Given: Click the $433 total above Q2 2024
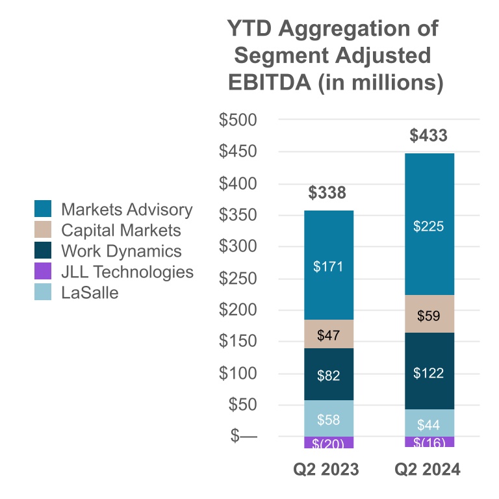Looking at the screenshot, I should click(x=428, y=136).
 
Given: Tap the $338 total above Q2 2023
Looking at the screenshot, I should click(x=327, y=193).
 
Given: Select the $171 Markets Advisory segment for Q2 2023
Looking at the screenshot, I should click(x=328, y=266).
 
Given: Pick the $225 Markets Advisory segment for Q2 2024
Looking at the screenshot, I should click(x=429, y=227).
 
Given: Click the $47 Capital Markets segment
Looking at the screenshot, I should click(x=328, y=335).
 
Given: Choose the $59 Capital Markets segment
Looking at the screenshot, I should click(x=429, y=317).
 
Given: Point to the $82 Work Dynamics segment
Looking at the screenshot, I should click(x=328, y=375).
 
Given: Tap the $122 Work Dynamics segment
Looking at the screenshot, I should click(x=429, y=373).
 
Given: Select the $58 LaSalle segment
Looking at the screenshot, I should click(x=328, y=420).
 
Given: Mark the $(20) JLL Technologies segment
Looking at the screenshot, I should click(x=328, y=443).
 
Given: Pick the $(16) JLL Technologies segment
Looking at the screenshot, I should click(x=429, y=442).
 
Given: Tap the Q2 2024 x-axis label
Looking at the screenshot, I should click(x=429, y=470).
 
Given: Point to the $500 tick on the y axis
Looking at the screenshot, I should click(x=238, y=120).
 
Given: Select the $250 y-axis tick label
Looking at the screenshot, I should click(x=238, y=279).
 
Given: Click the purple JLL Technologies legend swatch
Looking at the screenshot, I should click(x=43, y=272).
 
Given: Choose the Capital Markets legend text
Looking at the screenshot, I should click(x=121, y=230).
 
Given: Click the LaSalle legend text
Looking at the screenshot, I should click(x=90, y=292).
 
